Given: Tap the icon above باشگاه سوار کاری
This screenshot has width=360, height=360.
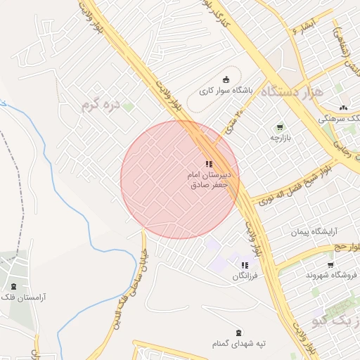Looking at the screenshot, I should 226,79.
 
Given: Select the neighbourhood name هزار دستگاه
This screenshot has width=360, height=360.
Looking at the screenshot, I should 290,91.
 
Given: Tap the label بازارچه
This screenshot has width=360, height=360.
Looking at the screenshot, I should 281,137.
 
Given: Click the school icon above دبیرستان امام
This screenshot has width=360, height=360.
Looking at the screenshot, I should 209,164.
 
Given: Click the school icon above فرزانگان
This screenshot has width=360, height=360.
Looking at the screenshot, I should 245,265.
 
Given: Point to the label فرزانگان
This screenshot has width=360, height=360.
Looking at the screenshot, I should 245,276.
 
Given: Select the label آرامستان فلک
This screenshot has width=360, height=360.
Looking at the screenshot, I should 24,297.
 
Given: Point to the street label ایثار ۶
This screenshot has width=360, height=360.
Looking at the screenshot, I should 304,27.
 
